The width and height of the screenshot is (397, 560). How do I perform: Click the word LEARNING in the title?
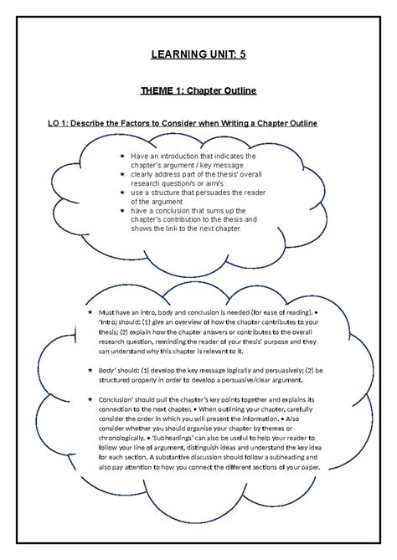pos(176,57)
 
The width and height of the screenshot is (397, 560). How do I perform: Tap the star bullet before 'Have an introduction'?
pos(121,157)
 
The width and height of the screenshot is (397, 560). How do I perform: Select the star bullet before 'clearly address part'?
pos(121,174)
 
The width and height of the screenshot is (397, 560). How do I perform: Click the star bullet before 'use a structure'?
pos(121,193)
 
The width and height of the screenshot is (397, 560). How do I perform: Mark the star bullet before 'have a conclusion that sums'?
pos(121,211)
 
